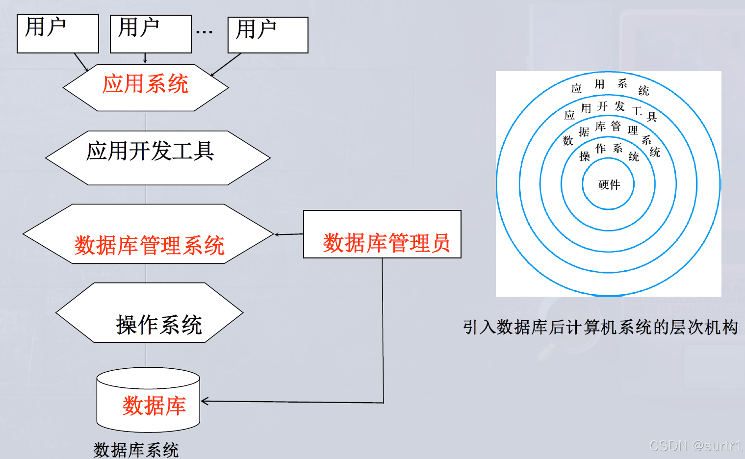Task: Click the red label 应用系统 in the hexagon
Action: (145, 84)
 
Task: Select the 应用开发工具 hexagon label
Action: (150, 151)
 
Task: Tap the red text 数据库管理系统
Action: (149, 245)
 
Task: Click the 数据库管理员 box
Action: (382, 234)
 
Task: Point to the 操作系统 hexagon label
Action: (159, 325)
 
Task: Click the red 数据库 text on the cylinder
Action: (154, 406)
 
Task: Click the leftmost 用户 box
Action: (58, 33)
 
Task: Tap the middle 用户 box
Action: (151, 33)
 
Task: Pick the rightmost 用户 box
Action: (268, 35)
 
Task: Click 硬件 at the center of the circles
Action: (609, 184)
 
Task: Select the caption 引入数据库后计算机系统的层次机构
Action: (600, 327)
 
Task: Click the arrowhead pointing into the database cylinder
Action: (205, 401)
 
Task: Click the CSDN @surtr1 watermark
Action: (695, 445)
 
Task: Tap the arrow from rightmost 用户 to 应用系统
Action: (226, 65)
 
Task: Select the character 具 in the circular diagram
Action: (651, 117)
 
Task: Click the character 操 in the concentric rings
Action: (584, 156)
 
